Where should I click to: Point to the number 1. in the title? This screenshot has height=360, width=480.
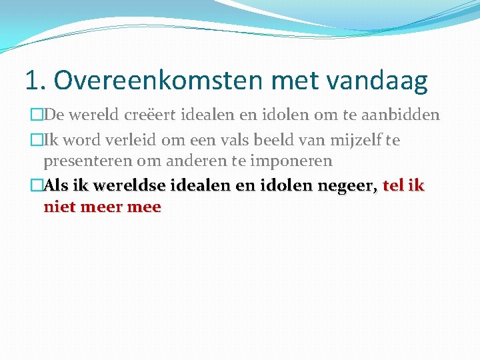coord(35,81)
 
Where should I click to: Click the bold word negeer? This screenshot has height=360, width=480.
coord(351,187)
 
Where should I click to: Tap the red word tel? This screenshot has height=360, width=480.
coord(393,186)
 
